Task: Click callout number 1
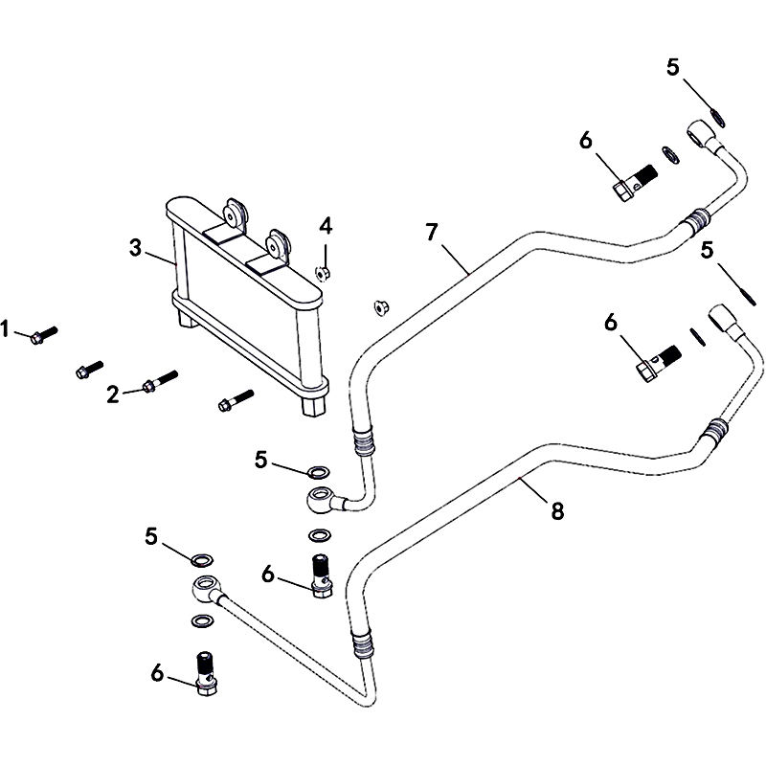[x=6, y=330]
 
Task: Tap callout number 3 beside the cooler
[x=136, y=249]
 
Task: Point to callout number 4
[x=326, y=227]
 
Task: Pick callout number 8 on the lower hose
[x=558, y=512]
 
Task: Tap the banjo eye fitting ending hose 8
[x=202, y=586]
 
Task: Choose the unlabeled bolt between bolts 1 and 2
[x=90, y=368]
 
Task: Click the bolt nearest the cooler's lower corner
[x=235, y=400]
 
